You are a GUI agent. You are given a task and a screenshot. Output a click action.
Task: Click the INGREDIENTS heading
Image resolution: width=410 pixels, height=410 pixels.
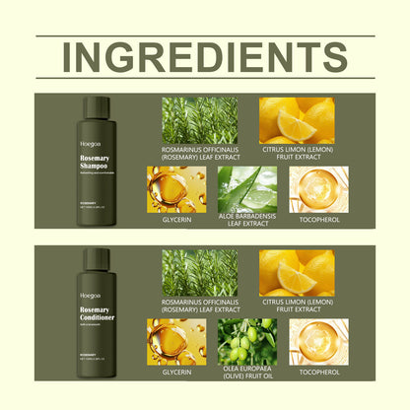[x=205, y=57]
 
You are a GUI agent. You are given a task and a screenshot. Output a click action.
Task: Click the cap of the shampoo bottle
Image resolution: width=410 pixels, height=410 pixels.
[x=96, y=106]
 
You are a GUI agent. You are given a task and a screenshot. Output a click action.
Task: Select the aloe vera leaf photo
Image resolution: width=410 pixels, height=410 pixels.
[x=247, y=190]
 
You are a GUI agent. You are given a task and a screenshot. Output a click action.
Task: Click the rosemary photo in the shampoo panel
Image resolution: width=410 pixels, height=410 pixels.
[x=200, y=120]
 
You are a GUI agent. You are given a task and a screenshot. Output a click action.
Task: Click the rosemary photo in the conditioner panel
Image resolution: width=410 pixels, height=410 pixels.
[x=200, y=272]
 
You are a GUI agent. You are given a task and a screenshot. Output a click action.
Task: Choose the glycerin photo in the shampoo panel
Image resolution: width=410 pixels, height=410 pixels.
[x=176, y=190]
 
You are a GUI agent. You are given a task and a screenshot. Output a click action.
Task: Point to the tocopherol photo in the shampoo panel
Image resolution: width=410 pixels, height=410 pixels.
[x=318, y=190]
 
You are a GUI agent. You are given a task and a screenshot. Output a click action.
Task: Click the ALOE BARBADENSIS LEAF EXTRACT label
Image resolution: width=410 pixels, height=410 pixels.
[x=247, y=224]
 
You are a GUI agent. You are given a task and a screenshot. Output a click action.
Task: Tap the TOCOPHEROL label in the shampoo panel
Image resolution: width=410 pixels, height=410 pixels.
[x=318, y=221]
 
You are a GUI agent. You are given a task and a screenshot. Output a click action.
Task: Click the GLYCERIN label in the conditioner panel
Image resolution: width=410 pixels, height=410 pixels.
[x=176, y=373]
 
